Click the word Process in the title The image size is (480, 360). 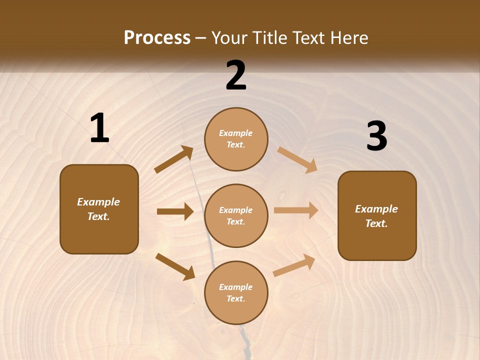[157, 37]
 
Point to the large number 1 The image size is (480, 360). [99, 128]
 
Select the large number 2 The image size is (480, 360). [236, 75]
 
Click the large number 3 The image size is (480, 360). [376, 136]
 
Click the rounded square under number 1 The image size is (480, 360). [99, 209]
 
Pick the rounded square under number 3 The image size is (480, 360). [377, 215]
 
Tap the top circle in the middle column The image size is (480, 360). [236, 139]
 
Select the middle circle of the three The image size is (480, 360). [236, 215]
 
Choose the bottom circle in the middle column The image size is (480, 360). [236, 292]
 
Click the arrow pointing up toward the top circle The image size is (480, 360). [174, 159]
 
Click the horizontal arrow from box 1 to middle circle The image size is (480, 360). [175, 211]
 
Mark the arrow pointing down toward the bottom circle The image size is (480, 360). [175, 266]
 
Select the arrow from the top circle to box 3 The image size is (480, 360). [297, 159]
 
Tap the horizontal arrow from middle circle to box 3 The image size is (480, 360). [296, 210]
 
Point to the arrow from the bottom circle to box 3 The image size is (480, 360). [294, 265]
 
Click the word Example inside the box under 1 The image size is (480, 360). [98, 202]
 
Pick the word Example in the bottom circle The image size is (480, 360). [235, 287]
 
